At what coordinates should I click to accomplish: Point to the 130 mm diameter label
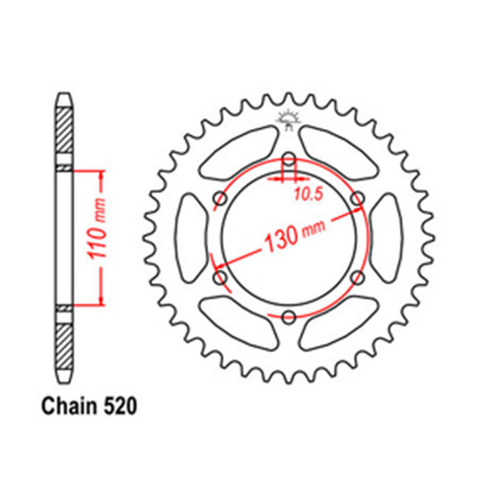[x=294, y=238]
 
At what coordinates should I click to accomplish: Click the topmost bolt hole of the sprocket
[x=288, y=161]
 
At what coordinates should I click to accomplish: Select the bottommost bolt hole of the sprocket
[x=288, y=317]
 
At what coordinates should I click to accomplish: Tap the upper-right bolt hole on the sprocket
[x=356, y=200]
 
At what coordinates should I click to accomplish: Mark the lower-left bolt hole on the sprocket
[x=220, y=277]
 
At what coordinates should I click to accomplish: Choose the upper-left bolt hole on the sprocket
[x=220, y=200]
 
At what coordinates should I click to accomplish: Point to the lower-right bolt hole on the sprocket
[x=356, y=277]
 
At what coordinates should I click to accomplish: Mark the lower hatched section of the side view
[x=64, y=344]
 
